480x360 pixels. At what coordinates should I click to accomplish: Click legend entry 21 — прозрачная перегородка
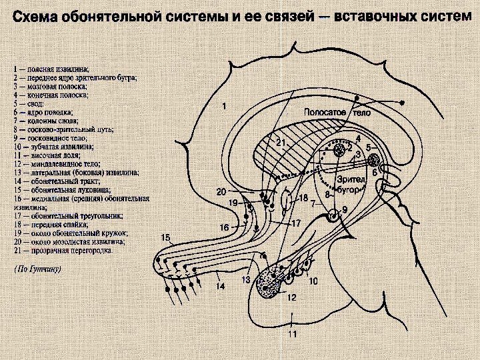(63, 251)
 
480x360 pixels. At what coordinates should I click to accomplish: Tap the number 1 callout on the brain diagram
(225, 105)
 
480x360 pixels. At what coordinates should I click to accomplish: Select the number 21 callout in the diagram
(281, 142)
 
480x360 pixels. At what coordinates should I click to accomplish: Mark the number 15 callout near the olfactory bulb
(166, 237)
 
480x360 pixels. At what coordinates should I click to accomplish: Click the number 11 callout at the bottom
(292, 333)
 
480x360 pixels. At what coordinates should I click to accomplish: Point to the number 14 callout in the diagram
(221, 286)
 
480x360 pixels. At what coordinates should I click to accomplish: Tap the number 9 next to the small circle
(345, 209)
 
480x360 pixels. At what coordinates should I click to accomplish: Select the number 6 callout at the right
(375, 172)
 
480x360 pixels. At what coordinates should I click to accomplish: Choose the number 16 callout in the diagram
(225, 227)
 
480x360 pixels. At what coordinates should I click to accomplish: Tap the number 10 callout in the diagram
(313, 281)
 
